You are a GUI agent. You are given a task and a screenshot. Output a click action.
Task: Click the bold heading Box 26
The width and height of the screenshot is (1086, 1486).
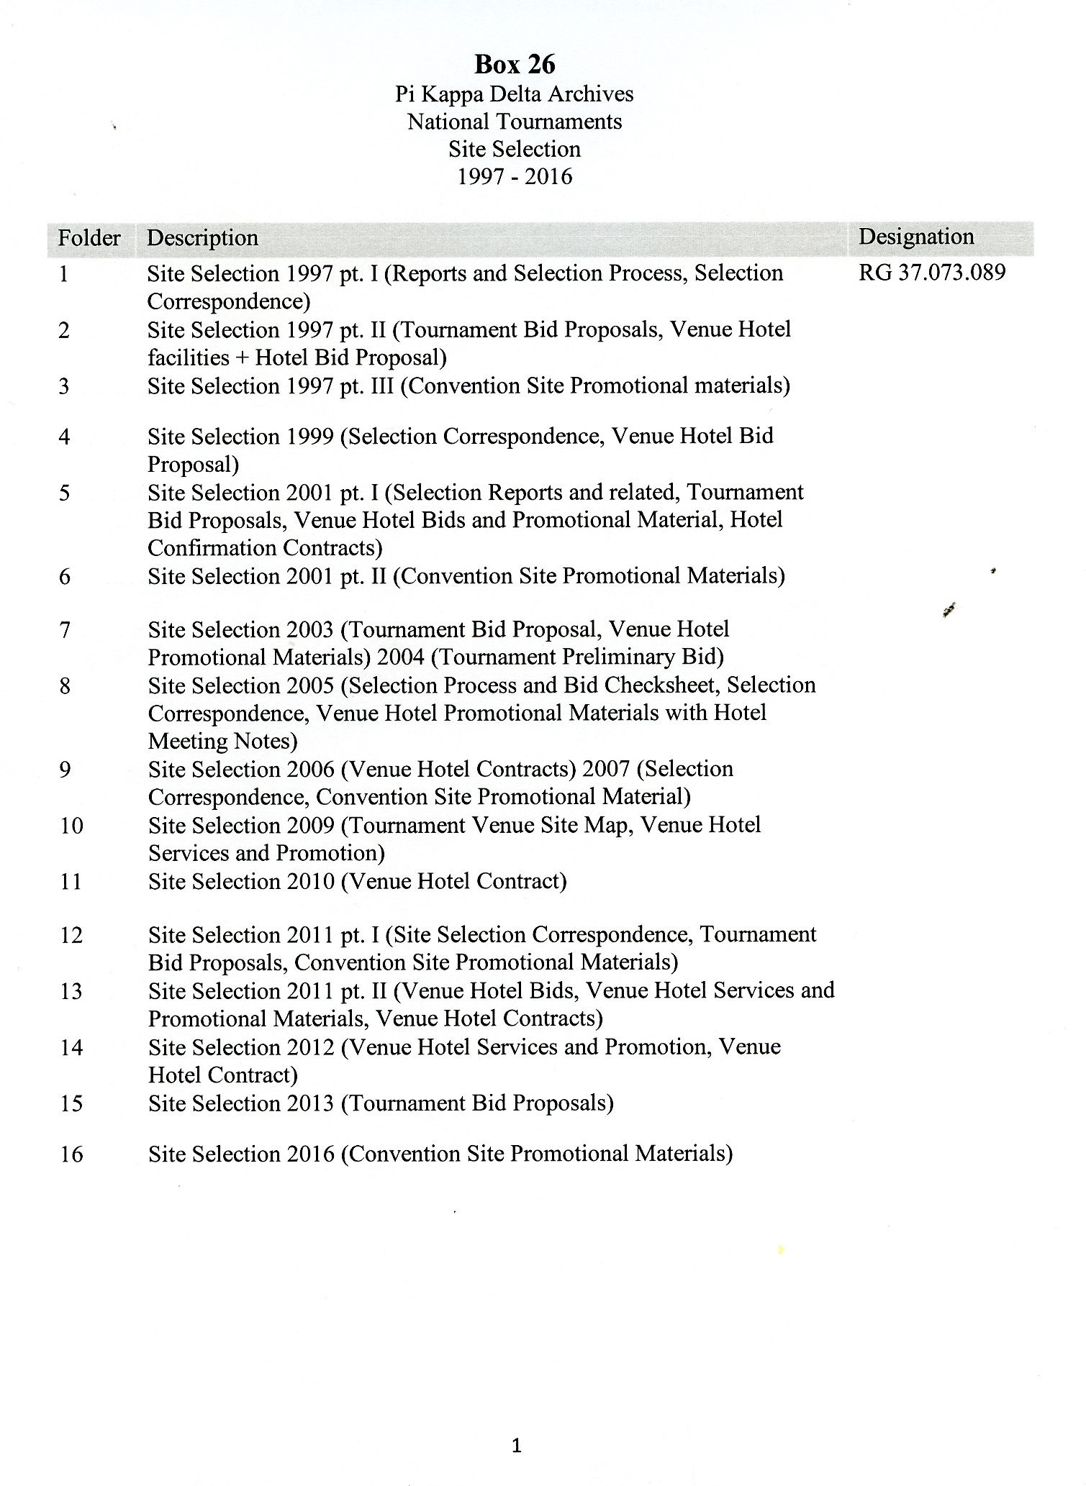point(515,65)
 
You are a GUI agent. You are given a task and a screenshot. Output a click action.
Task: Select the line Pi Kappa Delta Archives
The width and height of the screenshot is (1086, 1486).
point(515,94)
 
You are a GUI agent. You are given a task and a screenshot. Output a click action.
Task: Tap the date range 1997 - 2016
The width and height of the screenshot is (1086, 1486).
point(515,177)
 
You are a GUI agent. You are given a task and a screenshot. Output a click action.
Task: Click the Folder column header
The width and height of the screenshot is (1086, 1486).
point(89,238)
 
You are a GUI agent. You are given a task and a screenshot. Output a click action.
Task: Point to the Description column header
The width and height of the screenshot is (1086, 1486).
point(202,238)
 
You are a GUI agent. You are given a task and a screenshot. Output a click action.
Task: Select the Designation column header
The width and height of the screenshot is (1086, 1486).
point(916,237)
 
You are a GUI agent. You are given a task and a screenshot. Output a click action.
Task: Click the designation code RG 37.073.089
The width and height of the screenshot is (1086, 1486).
point(932,273)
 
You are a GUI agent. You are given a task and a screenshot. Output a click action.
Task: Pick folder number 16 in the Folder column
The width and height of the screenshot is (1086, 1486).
point(71,1154)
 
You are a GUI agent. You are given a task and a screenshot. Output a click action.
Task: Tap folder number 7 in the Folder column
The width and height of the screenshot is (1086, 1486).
point(65,630)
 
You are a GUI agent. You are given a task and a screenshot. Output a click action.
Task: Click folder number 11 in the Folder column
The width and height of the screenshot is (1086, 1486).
point(71,882)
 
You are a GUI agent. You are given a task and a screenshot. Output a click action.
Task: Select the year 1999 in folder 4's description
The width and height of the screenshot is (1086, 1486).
point(310,437)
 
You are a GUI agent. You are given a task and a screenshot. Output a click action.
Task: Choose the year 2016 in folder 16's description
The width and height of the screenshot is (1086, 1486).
point(310,1154)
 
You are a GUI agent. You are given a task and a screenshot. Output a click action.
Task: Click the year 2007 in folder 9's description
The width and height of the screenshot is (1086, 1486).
point(607,770)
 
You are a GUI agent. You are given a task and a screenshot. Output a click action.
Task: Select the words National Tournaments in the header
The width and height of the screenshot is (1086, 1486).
point(515,122)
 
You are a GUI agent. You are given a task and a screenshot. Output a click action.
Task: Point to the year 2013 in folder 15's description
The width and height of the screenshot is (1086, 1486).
point(310,1103)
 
